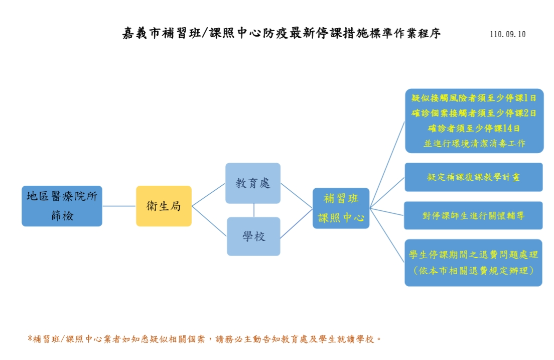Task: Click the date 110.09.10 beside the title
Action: pos(507,35)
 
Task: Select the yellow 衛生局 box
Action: pos(164,206)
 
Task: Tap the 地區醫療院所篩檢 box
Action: pos(62,206)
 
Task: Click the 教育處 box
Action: pos(253,183)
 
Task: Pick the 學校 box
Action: pos(253,236)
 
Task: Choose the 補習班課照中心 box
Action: pos(341,208)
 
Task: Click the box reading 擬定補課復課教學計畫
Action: pos(474,177)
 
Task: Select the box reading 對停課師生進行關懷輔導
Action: pos(474,216)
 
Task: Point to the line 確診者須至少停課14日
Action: pos(474,128)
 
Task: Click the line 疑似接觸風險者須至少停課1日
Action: pos(474,98)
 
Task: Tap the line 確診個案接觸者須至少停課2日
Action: pos(474,113)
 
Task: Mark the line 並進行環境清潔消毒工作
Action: pos(474,143)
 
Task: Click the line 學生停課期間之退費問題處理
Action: pos(474,255)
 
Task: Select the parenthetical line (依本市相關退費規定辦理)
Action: pos(474,271)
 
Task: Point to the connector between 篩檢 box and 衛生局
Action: pos(119,206)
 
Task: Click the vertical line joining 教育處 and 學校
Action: pos(254,210)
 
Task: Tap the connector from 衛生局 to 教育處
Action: pos(208,194)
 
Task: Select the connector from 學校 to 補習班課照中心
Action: pos(296,223)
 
